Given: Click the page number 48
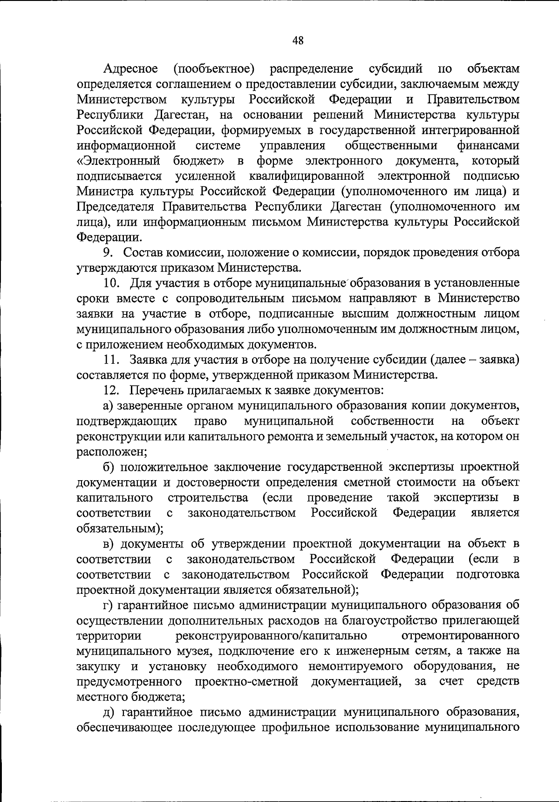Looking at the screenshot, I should (298, 41).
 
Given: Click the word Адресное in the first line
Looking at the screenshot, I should (130, 69).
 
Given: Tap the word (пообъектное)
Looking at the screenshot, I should (214, 69).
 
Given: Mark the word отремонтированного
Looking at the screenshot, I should (460, 636).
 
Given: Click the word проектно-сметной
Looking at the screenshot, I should (246, 682).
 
